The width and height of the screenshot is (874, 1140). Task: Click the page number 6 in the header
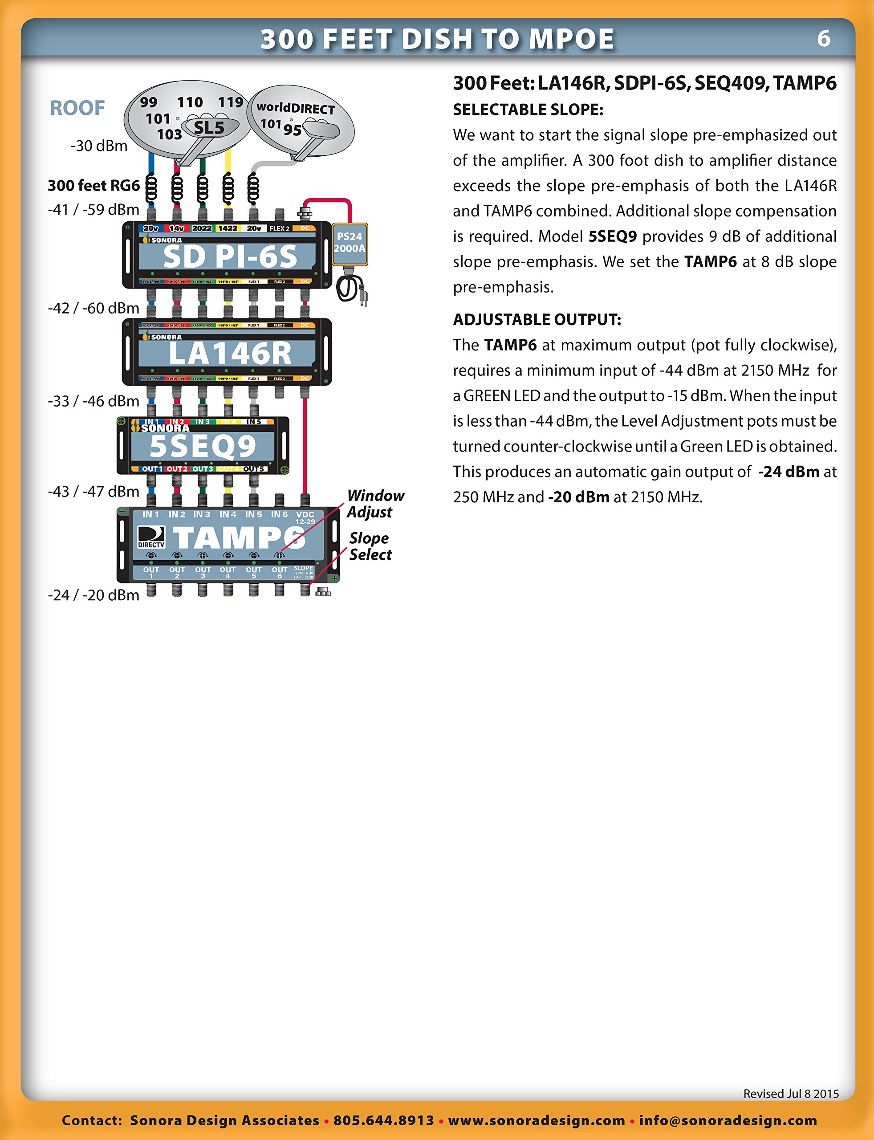(x=824, y=38)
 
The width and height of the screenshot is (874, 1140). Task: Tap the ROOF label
(x=77, y=108)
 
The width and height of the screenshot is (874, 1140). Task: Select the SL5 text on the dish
(x=209, y=127)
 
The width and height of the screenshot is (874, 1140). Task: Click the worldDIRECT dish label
(x=296, y=108)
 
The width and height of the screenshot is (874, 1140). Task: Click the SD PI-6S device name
(x=229, y=257)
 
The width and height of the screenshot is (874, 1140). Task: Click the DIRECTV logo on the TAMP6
(x=151, y=537)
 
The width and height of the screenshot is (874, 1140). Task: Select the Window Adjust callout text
(x=375, y=504)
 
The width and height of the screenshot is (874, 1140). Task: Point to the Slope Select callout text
(x=370, y=546)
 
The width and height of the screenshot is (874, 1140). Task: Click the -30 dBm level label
(x=99, y=146)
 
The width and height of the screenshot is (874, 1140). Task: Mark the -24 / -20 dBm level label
(x=93, y=595)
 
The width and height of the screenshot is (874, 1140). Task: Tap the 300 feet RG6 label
(x=93, y=185)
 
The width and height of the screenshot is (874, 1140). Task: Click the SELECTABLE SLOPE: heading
(x=528, y=110)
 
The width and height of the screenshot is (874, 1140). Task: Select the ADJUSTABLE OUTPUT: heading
(x=537, y=319)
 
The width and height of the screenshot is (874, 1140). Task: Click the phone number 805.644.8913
(x=383, y=1120)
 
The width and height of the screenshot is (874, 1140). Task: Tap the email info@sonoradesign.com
(x=728, y=1120)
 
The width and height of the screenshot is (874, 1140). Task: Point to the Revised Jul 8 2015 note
(x=791, y=1094)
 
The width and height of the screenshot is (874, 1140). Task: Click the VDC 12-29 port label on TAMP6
(x=305, y=517)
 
